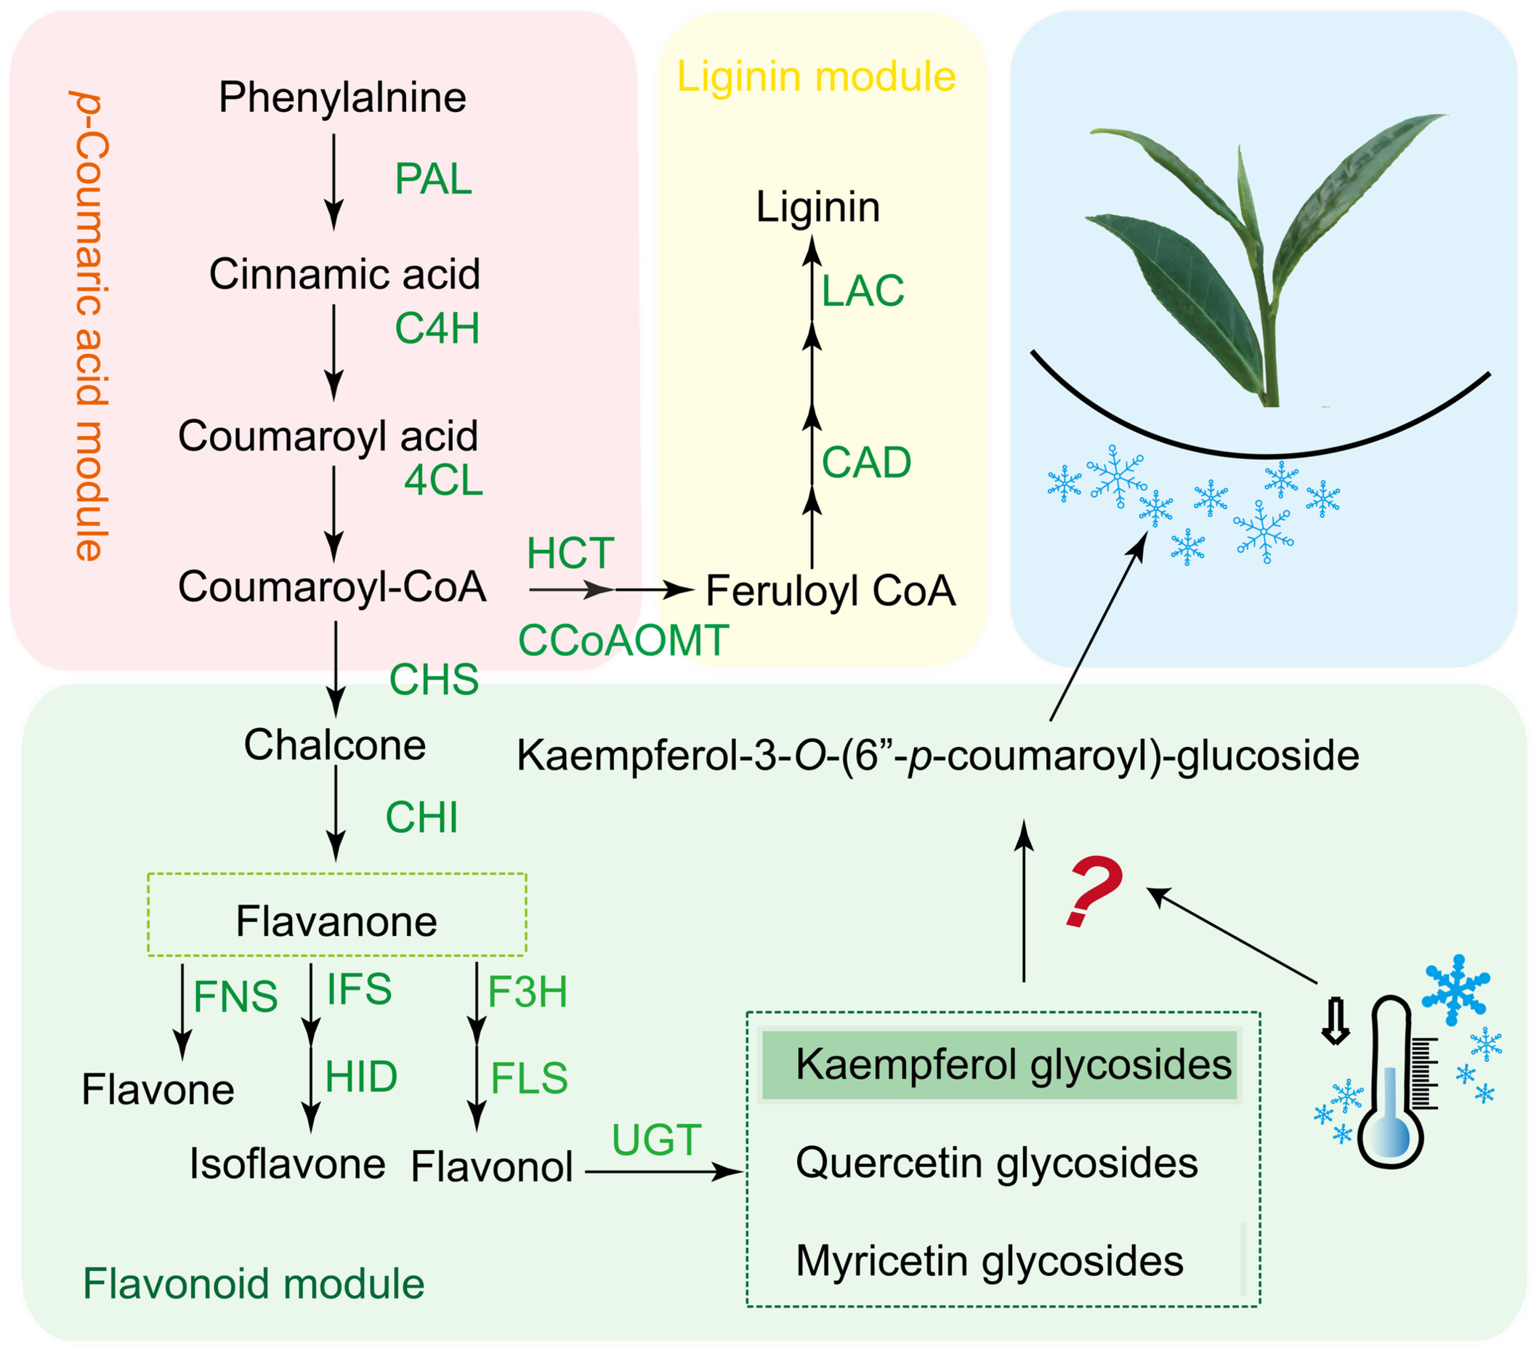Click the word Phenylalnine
coord(342,97)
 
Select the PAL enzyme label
coord(433,179)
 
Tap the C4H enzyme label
coord(437,328)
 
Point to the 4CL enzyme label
coord(443,480)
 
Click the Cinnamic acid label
coord(344,273)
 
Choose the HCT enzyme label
coord(570,554)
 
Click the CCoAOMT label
coord(623,641)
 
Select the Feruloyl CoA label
coord(830,590)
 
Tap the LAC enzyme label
coord(862,291)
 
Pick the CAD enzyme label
coord(866,461)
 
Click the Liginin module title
coord(816,77)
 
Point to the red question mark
coord(1094,892)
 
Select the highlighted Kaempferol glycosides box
coord(999,1065)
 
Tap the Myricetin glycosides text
coord(989,1261)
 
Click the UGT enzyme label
coord(657,1140)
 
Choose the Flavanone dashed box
coord(336,915)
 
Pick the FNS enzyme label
coord(235,997)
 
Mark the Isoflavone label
coord(287,1163)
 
